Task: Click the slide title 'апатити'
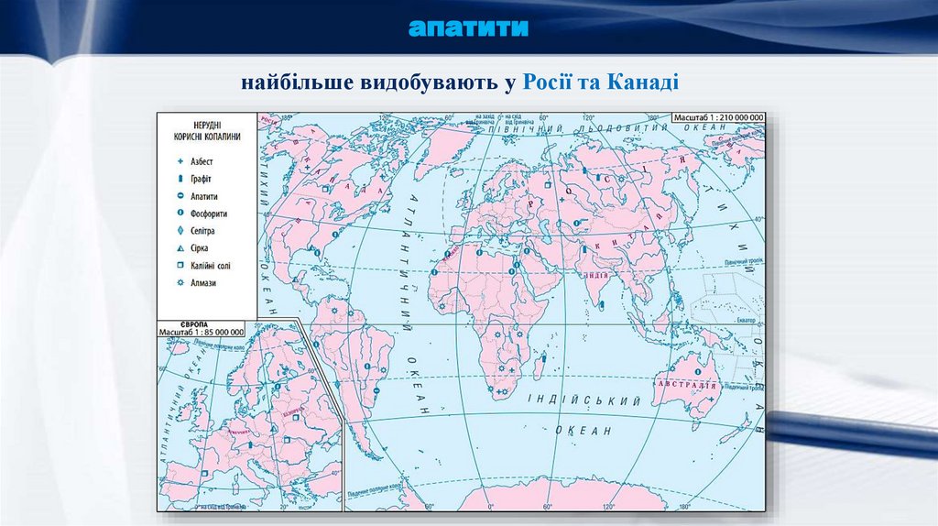(469, 27)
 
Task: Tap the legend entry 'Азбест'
(202, 161)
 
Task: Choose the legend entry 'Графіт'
(202, 179)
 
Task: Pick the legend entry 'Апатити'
(204, 196)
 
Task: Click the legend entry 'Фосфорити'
(209, 214)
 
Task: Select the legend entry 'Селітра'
(202, 231)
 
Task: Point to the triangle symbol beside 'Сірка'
(180, 248)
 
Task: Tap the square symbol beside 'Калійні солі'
(180, 266)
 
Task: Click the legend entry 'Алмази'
(202, 283)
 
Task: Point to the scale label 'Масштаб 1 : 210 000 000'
(717, 118)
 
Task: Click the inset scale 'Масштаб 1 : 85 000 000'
(202, 332)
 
